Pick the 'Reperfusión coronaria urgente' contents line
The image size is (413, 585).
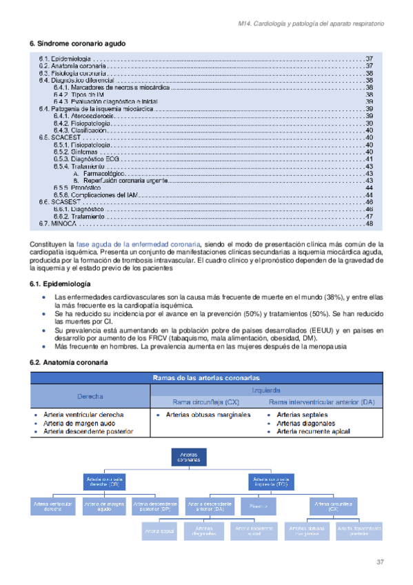pos(117,181)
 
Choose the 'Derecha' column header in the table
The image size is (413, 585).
pos(90,397)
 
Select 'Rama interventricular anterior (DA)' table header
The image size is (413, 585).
pos(322,401)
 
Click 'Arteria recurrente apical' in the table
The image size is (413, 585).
pos(312,431)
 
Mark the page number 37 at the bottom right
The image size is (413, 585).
pos(379,562)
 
